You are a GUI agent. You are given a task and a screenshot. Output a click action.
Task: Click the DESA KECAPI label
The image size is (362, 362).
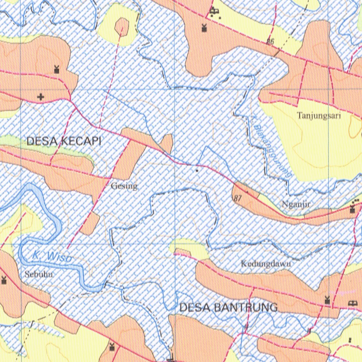tap(64, 141)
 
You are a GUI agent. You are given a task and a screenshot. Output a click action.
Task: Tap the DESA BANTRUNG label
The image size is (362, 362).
tap(228, 308)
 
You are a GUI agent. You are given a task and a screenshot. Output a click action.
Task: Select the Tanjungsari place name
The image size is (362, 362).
tap(319, 116)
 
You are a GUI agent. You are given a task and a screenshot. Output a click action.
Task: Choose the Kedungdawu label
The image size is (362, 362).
tap(266, 263)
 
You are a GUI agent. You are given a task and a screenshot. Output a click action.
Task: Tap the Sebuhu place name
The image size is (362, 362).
tap(36, 274)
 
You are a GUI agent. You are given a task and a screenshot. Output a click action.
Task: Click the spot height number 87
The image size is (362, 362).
tap(238, 198)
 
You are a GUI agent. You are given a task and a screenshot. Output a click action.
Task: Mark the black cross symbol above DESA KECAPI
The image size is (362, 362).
tap(42, 97)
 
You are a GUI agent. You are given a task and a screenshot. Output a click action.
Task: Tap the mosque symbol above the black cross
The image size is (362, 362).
tap(56, 70)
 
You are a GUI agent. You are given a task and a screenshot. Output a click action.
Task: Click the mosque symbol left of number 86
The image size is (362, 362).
tap(204, 28)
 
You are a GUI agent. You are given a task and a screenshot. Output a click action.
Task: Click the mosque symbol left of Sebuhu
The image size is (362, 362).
tap(4, 280)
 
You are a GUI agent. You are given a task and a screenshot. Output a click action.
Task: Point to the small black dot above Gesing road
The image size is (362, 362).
tap(197, 170)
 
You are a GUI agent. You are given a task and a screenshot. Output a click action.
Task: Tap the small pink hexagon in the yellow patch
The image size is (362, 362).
tap(122, 25)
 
